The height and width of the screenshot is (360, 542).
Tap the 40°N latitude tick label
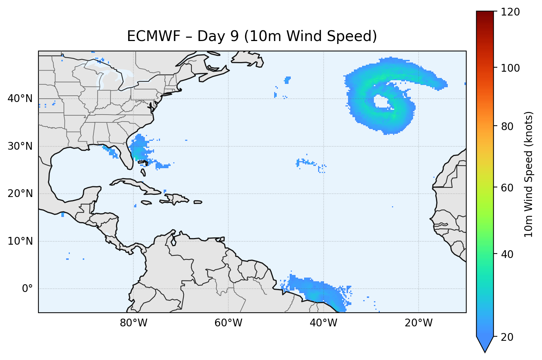pyautogui.click(x=20, y=99)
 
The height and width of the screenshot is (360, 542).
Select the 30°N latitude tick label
pyautogui.click(x=20, y=146)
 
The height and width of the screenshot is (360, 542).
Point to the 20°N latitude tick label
pyautogui.click(x=20, y=194)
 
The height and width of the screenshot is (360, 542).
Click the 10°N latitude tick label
pyautogui.click(x=20, y=241)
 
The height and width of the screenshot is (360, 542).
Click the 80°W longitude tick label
pyautogui.click(x=133, y=323)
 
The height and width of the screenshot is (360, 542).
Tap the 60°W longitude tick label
pyautogui.click(x=228, y=323)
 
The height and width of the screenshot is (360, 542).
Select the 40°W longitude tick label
pyautogui.click(x=323, y=323)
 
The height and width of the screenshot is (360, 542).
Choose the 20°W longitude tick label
pyautogui.click(x=418, y=323)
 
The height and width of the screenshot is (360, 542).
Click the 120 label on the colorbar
pyautogui.click(x=511, y=12)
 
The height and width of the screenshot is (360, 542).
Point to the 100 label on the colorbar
pyautogui.click(x=511, y=68)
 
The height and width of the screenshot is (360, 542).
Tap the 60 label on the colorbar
pyautogui.click(x=508, y=188)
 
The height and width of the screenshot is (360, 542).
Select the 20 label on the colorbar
pyautogui.click(x=508, y=337)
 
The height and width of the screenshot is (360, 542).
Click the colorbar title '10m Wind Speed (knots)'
pyautogui.click(x=529, y=174)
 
